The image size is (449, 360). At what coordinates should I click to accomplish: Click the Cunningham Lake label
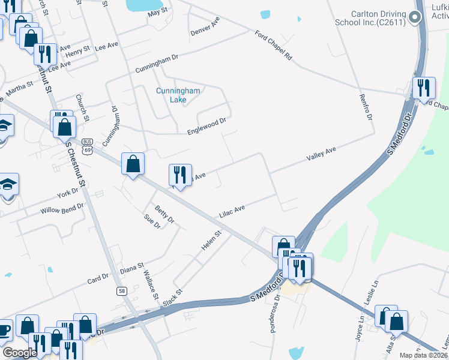coord(178,95)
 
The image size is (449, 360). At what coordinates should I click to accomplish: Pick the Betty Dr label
coord(164,214)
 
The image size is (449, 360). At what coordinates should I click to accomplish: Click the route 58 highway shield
coord(121,291)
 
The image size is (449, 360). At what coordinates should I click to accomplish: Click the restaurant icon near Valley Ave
coord(180,175)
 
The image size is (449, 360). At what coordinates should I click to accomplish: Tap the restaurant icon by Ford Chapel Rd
coord(424,89)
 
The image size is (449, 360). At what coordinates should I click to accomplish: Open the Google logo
coord(19,353)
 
